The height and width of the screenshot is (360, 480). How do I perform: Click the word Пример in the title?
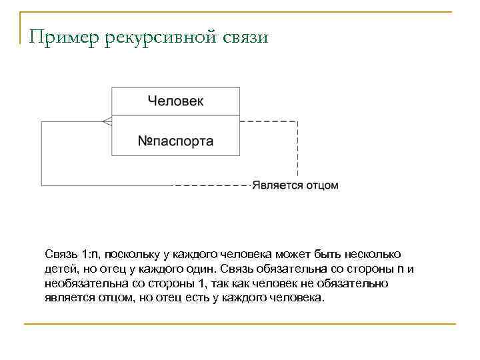(64, 37)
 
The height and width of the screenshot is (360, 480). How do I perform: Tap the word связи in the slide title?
(243, 37)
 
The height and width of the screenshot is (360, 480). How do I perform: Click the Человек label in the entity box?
(175, 101)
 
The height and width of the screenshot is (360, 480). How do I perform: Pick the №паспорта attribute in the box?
(175, 141)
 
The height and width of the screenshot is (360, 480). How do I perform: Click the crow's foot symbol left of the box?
(106, 121)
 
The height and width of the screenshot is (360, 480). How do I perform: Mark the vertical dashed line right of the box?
(297, 151)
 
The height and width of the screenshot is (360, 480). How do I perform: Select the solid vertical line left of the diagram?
(41, 153)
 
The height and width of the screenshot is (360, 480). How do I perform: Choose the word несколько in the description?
(377, 255)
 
